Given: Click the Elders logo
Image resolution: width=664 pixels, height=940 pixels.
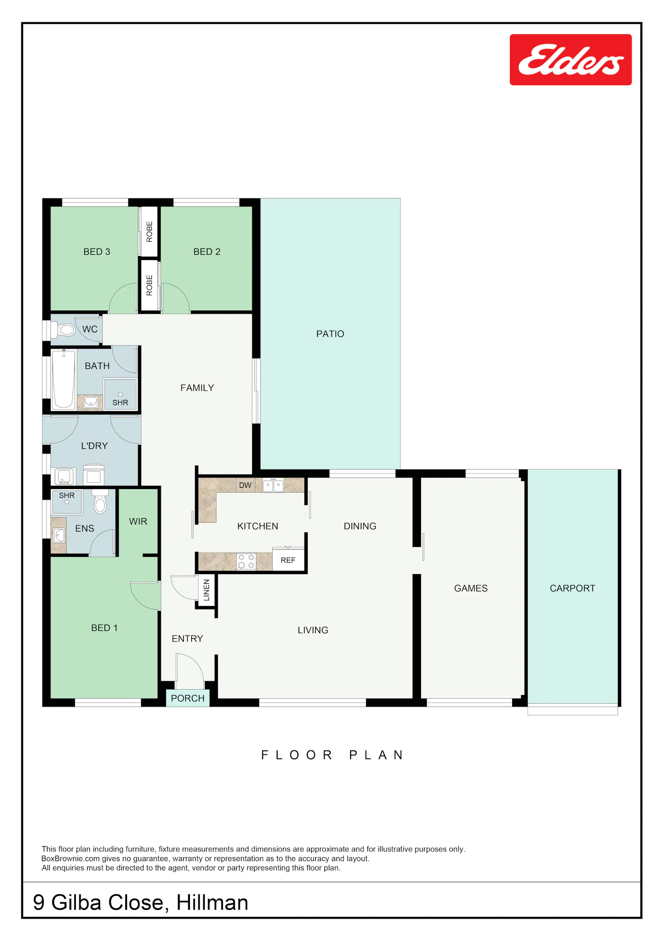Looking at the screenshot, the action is coord(571,59).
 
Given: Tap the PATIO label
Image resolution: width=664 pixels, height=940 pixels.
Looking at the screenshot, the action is coord(330,334).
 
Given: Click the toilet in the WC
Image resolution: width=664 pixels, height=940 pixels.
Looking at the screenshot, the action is coord(63,330).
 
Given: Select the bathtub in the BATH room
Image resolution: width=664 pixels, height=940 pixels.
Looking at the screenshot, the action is coord(64,379).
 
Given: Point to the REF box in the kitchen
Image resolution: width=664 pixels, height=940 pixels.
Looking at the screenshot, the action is coord(288,560).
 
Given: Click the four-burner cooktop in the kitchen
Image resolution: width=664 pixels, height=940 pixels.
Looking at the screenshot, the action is coord(246,561).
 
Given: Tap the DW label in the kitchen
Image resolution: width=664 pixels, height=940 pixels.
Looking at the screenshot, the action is coord(245,486).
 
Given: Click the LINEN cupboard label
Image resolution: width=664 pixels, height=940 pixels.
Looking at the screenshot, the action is coord(206,590).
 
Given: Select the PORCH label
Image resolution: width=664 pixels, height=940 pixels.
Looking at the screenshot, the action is coord(188,699).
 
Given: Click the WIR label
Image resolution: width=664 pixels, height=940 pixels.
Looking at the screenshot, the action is coord(138,522).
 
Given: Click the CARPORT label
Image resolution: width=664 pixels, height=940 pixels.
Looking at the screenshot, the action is coord(572,588).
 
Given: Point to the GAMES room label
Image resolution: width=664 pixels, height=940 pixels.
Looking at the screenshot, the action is coord(471,588).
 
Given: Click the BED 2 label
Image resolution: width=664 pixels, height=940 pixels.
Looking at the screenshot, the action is coord(207,252).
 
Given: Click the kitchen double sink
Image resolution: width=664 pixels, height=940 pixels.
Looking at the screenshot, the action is coord(273,486).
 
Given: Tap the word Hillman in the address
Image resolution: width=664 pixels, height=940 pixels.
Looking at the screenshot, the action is coord(212,902).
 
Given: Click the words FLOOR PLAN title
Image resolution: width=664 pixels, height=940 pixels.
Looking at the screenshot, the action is coord(332,755).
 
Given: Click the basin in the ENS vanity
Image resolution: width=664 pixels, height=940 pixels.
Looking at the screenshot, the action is coord(59,536).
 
